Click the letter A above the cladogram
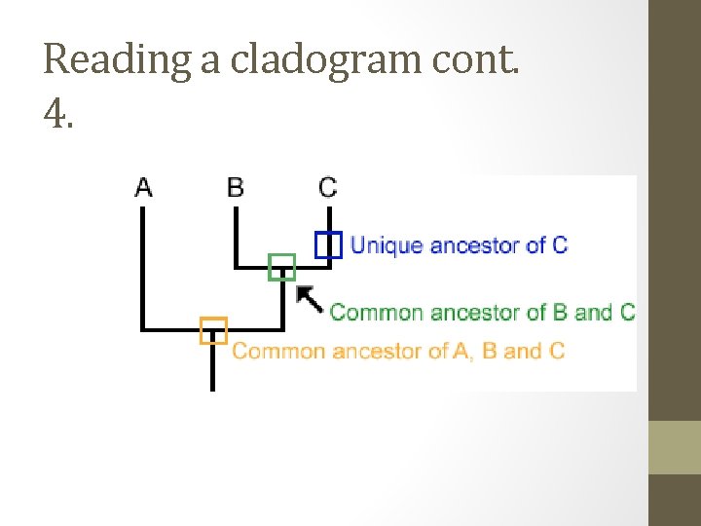tap(143, 186)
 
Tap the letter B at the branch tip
tap(236, 186)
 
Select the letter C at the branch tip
tap(328, 186)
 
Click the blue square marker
tap(328, 244)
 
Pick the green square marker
tap(281, 266)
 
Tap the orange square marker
tap(213, 331)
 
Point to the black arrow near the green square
tap(309, 297)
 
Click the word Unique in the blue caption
tap(387, 244)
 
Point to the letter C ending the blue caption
tap(559, 244)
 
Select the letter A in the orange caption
tap(461, 351)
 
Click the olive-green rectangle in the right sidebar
tap(674, 447)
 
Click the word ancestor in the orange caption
tap(370, 351)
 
